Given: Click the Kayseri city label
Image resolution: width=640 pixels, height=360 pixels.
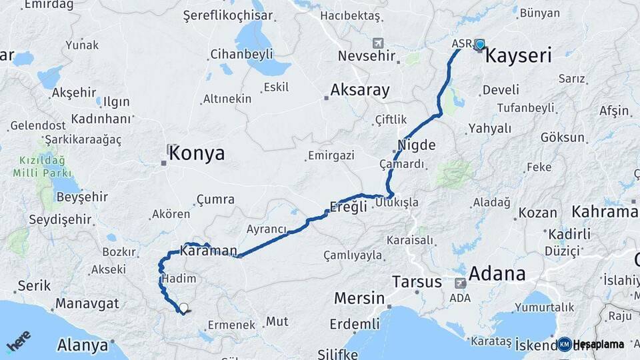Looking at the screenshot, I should (518, 55).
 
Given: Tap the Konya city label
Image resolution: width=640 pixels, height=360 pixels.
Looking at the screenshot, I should (197, 153).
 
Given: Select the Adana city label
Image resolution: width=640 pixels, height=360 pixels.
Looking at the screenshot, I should (497, 273).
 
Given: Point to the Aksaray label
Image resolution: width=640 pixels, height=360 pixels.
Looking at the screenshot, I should (360, 91).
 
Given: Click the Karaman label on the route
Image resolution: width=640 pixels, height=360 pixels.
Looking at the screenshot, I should (208, 251).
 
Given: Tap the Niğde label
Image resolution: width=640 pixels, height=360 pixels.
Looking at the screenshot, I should (416, 145).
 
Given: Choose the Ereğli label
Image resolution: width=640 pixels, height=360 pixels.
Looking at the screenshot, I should (349, 206).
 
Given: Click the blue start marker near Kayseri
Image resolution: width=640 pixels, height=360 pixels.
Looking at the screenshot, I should (480, 45).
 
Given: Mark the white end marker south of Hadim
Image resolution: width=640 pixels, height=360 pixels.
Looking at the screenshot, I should (183, 308).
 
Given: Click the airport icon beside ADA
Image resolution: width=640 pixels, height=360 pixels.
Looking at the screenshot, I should (461, 283).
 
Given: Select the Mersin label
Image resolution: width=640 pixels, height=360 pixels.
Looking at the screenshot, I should (359, 297).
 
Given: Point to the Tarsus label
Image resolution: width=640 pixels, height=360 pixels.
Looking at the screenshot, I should (417, 281).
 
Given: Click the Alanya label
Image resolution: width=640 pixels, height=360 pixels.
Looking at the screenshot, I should (83, 345).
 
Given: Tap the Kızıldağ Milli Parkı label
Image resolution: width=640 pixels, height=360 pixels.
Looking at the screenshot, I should (41, 167).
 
